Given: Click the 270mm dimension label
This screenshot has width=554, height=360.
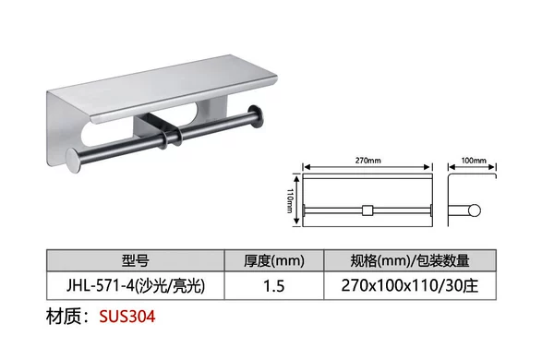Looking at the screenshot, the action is tap(367, 161).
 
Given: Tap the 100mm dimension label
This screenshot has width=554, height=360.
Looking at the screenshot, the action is tap(474, 161).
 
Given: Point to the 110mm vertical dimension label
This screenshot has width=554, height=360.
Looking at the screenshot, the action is tap(290, 200).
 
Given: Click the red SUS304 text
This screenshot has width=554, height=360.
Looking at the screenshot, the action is tap(126, 317).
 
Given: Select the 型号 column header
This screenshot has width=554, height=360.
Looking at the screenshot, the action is tap(135, 260).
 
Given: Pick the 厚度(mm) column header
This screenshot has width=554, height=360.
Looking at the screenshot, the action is tap(274, 260).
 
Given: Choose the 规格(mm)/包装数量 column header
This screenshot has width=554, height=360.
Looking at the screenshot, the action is tap(410, 260).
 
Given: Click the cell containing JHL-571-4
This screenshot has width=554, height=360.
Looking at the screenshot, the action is tap(136, 285).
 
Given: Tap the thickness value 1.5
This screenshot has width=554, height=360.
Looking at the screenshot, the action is tap(274, 286).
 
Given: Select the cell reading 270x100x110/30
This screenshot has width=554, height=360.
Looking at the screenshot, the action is tap(410, 285).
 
